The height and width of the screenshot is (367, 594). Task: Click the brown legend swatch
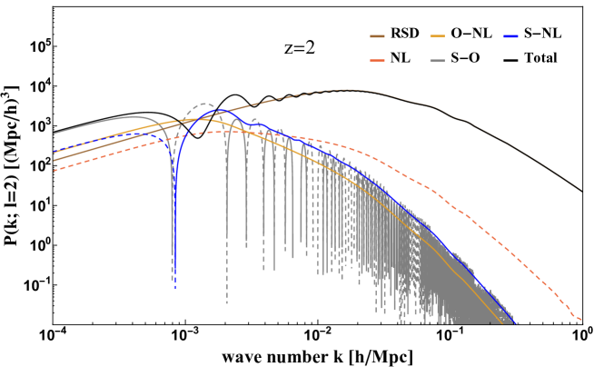point(377,36)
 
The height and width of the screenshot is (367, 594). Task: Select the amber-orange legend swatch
point(437,36)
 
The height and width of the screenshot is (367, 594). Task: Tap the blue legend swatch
point(511,36)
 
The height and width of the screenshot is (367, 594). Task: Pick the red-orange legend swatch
point(377,61)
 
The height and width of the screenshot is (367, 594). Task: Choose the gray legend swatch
point(437,61)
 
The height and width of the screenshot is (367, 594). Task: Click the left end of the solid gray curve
point(54,134)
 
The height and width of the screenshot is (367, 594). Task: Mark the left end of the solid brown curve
point(54,161)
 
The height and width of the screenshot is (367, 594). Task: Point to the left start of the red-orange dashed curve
point(54,170)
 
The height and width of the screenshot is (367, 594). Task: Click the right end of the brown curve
point(581,192)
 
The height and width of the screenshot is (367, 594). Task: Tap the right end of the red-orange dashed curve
point(581,320)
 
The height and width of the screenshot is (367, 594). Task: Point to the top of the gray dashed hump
point(205,104)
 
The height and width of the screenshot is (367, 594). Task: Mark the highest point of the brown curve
point(347,89)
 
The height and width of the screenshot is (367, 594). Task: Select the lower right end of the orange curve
point(502,323)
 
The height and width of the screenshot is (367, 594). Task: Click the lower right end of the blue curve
point(516,323)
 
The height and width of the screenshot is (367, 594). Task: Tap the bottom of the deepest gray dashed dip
point(227,303)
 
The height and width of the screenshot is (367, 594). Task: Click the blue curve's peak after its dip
point(218,111)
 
